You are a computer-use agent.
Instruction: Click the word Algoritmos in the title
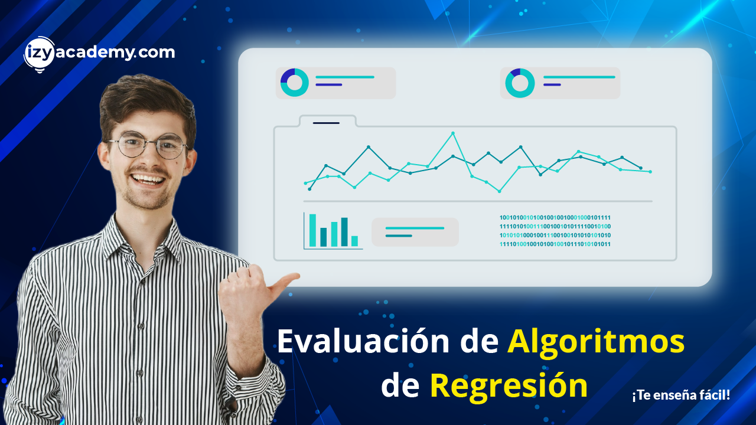click(x=596, y=342)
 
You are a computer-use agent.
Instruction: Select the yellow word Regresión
click(x=509, y=386)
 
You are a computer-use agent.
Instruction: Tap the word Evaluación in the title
click(x=363, y=341)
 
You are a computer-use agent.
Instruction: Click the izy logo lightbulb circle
click(x=39, y=54)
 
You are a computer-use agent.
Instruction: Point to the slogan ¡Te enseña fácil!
click(x=681, y=395)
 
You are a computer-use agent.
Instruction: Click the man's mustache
click(x=148, y=171)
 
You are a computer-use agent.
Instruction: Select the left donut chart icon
click(x=294, y=83)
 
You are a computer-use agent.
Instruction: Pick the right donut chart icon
click(x=520, y=83)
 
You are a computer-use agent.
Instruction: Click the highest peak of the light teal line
click(x=453, y=133)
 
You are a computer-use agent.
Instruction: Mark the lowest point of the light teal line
click(x=500, y=191)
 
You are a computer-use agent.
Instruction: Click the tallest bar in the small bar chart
click(x=312, y=230)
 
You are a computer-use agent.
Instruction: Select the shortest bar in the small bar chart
click(x=354, y=241)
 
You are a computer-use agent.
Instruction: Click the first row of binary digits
click(x=555, y=218)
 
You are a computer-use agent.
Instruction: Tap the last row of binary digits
click(x=555, y=244)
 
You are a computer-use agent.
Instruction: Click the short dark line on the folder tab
click(x=326, y=123)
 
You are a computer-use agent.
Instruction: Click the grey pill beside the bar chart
click(x=415, y=232)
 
